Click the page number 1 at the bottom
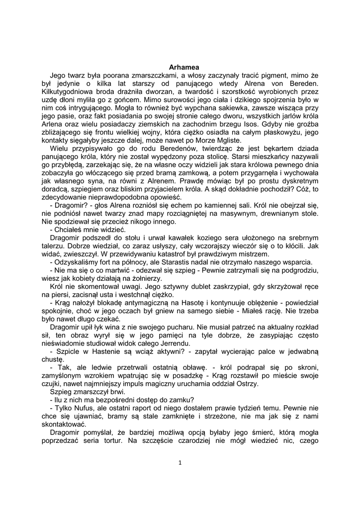180,463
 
